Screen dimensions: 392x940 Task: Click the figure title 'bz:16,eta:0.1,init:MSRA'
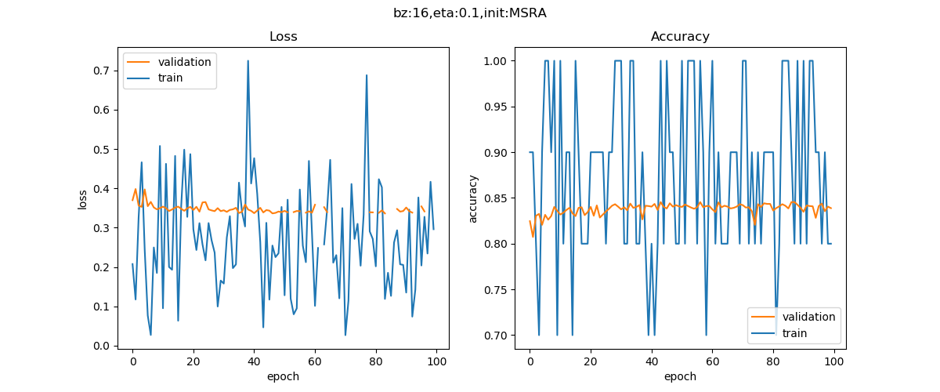pos(470,13)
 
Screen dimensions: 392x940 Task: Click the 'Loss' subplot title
pos(283,37)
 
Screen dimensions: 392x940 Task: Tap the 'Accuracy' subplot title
pos(680,37)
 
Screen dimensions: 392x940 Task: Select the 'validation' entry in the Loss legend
pos(184,62)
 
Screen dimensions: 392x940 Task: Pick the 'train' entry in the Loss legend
pos(171,78)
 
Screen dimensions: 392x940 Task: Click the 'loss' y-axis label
pos(82,199)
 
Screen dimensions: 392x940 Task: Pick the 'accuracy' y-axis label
pos(473,199)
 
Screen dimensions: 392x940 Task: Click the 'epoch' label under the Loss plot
pos(283,376)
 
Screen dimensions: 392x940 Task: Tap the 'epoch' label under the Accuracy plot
pos(680,376)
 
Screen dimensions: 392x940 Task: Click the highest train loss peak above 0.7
pos(248,60)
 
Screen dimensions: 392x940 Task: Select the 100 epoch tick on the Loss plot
pos(436,361)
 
